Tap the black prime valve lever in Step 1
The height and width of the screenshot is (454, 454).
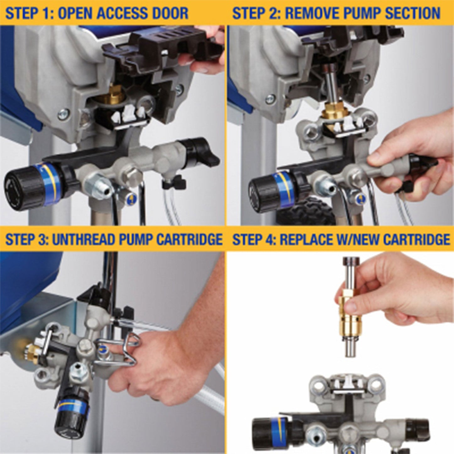click(201, 154)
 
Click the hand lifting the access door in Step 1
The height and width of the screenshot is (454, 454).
click(207, 53)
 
